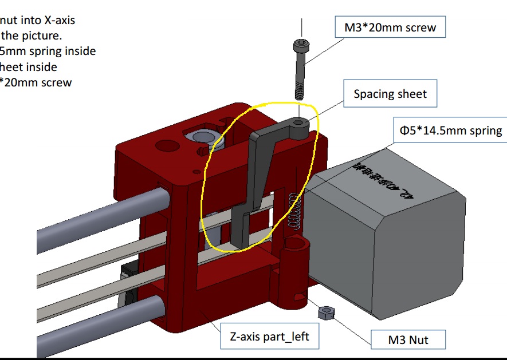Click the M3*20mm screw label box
(390, 27)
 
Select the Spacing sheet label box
(390, 94)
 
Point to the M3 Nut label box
(408, 340)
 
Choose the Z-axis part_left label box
(269, 336)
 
